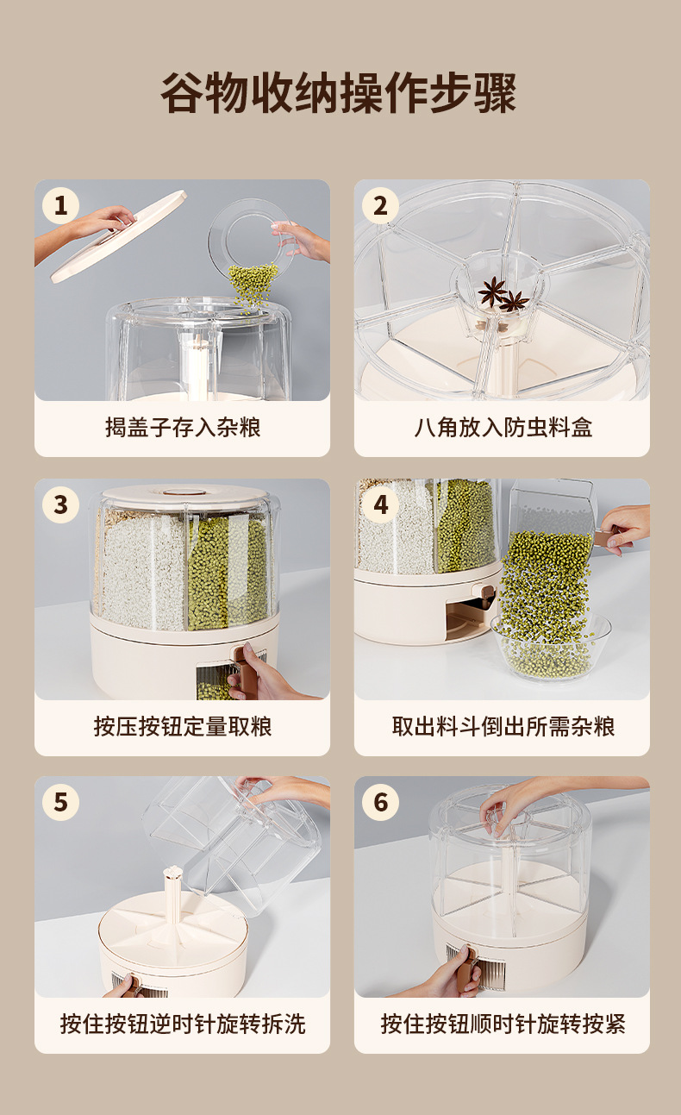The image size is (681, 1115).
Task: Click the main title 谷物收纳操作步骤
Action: coord(339,93)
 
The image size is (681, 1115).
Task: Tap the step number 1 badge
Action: coord(60,205)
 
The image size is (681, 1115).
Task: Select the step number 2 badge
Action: coord(380,205)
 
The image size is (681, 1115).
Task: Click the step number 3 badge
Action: coord(60,504)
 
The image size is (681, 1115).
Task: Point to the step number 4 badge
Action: coord(380,504)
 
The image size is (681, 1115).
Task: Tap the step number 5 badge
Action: coord(60,802)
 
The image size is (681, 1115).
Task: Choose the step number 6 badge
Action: coord(380,802)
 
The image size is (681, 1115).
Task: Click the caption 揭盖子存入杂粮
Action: coord(183,428)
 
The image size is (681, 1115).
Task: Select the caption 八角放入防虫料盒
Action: coord(503,428)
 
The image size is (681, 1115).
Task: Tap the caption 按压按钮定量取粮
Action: coord(183,727)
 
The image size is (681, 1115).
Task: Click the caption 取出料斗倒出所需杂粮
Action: coord(503,727)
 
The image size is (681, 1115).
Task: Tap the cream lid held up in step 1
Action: coord(118,237)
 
